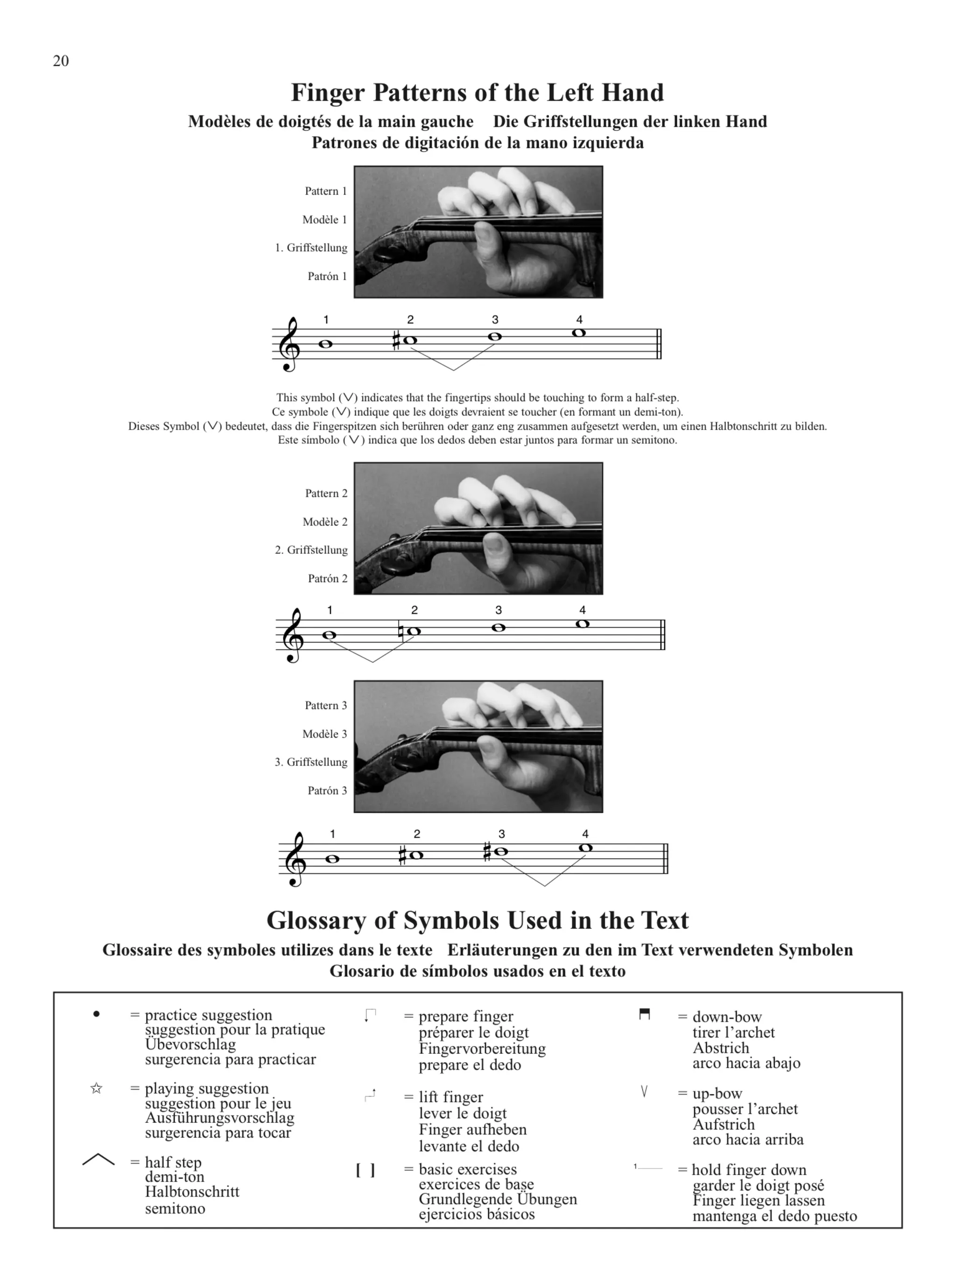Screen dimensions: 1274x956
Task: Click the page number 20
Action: click(x=61, y=61)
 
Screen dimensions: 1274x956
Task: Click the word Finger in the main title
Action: click(x=327, y=93)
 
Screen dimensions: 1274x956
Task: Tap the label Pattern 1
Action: click(x=325, y=191)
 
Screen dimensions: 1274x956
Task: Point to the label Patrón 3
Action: click(x=327, y=791)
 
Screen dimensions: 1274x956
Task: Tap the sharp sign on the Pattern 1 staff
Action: click(x=396, y=341)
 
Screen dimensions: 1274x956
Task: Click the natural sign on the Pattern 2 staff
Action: click(x=401, y=631)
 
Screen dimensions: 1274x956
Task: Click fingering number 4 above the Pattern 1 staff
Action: click(x=579, y=320)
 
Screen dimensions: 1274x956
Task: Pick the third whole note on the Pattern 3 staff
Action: click(x=501, y=851)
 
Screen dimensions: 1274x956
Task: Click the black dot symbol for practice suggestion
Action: click(x=96, y=1014)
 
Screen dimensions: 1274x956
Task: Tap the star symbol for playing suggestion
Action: click(x=96, y=1088)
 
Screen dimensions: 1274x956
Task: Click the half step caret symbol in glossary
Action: click(x=98, y=1159)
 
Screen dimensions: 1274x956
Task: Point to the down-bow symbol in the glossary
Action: click(x=644, y=1014)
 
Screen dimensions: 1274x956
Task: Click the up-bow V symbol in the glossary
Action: click(x=644, y=1091)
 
